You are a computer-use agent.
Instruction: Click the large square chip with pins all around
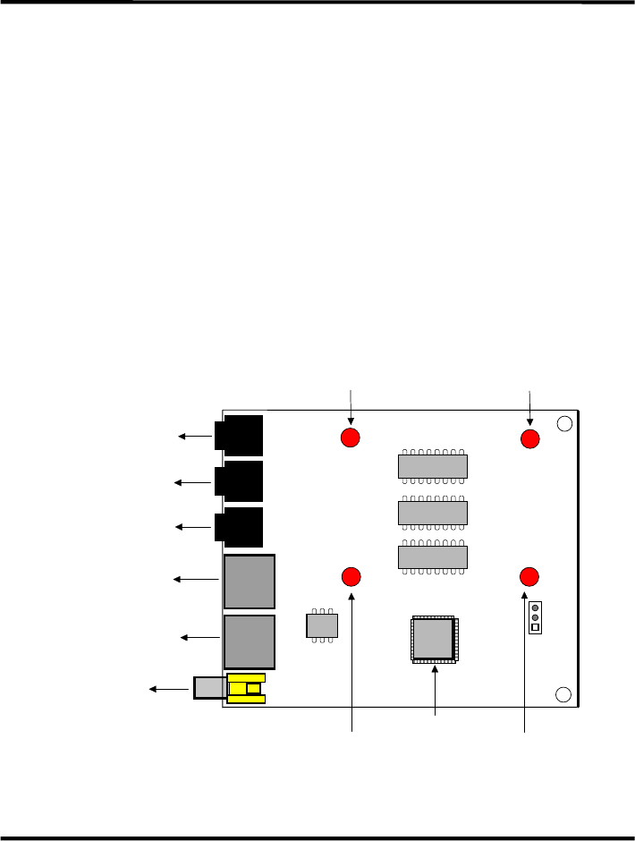coord(434,640)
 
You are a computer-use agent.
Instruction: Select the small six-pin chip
coord(321,625)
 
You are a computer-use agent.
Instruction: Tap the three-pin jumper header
coord(535,617)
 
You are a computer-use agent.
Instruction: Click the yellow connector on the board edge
coord(247,688)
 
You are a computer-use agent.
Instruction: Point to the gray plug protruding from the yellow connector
coord(210,687)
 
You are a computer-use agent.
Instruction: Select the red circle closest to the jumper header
coord(529,575)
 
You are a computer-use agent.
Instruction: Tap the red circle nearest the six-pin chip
coord(351,575)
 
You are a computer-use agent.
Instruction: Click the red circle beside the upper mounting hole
coord(529,438)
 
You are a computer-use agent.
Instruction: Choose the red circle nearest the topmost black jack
coord(350,437)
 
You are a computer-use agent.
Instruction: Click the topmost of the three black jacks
coord(240,436)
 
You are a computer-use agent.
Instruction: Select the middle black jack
coord(240,481)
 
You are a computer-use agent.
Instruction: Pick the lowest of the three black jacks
coord(240,527)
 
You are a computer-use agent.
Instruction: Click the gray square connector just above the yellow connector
coord(250,641)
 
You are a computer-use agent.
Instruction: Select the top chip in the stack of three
coord(433,466)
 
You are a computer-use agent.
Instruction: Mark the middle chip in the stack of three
coord(433,513)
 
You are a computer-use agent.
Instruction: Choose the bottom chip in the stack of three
coord(433,557)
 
